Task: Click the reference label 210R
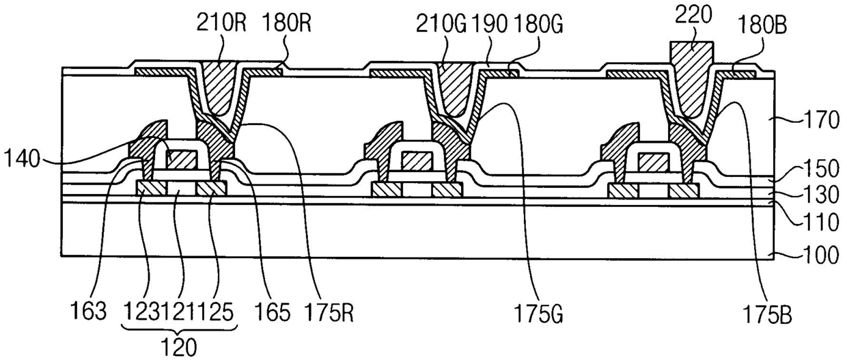pos(221,23)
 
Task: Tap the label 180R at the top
pos(286,23)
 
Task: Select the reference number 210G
pos(441,25)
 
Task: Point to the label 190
pos(490,25)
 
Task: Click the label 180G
pos(538,25)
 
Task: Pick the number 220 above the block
pos(693,16)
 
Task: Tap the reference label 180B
pos(762,26)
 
